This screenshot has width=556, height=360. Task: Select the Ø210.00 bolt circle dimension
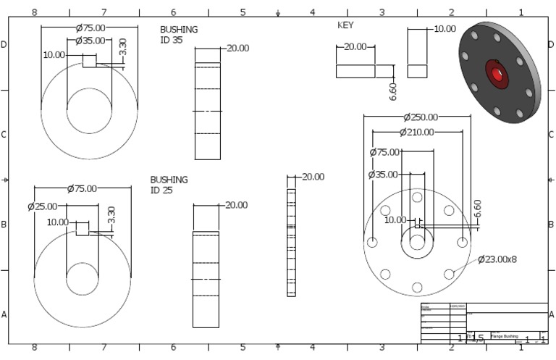(x=416, y=132)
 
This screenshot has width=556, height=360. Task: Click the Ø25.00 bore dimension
(x=42, y=206)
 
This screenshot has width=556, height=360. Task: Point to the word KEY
(x=345, y=25)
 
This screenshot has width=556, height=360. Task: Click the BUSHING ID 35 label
(x=178, y=34)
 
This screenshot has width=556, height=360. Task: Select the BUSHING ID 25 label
(x=169, y=184)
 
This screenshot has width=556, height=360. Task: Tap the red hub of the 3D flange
(x=497, y=74)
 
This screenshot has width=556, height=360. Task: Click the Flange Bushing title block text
(x=505, y=336)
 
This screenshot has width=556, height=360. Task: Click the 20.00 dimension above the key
(x=355, y=46)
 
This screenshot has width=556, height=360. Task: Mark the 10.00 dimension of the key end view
(x=445, y=29)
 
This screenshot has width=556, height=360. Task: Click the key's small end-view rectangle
(x=416, y=71)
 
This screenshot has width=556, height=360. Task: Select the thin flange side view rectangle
(x=291, y=243)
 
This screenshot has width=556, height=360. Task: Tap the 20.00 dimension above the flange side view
(x=313, y=177)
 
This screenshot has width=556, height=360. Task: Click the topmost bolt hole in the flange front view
(x=417, y=197)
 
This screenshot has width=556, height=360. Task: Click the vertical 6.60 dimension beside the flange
(x=477, y=208)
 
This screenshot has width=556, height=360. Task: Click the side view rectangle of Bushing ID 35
(x=207, y=111)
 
